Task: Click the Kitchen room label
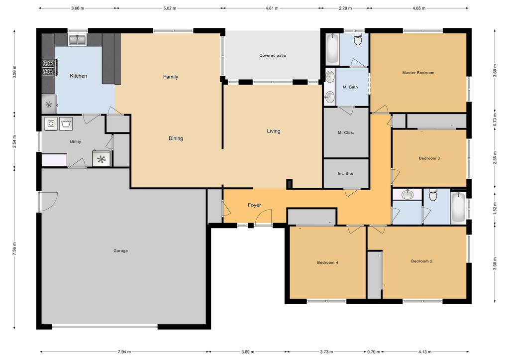tap(78, 76)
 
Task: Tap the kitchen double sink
tap(77, 40)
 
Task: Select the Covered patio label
tap(273, 56)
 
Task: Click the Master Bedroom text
tap(418, 73)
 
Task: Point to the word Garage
tap(120, 251)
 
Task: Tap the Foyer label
tap(254, 205)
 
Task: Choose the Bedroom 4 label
tap(327, 262)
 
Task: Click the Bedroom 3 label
tap(429, 158)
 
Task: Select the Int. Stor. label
tap(346, 174)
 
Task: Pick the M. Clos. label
tap(346, 133)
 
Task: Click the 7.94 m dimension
tap(124, 352)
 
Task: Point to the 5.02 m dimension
tap(170, 8)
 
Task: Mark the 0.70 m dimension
tap(374, 352)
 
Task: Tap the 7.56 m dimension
tap(14, 249)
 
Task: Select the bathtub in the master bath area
tap(332, 49)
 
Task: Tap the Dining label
tap(176, 138)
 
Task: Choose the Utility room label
tap(75, 142)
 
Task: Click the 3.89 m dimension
tap(495, 70)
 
